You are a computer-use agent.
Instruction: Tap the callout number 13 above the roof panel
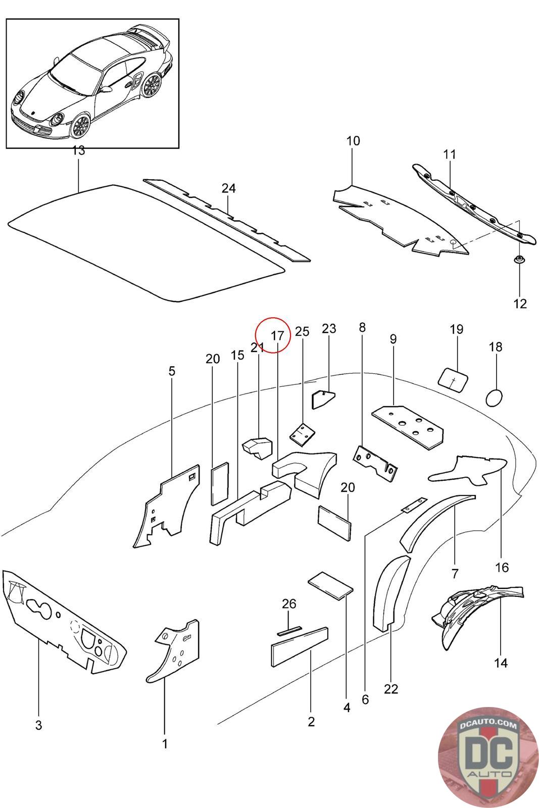tap(78, 150)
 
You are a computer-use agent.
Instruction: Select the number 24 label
tap(228, 188)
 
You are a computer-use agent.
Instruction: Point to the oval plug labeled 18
tap(495, 397)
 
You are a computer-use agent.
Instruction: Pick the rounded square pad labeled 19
tap(452, 379)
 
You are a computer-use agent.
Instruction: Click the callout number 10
tap(353, 141)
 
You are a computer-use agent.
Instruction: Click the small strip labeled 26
tap(289, 630)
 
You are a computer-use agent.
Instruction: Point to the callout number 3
tap(38, 726)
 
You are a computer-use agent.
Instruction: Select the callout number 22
tap(391, 689)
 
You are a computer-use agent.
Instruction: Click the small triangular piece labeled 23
tap(322, 399)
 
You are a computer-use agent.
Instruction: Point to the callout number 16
tap(502, 568)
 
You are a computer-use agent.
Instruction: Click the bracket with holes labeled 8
tap(375, 462)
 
